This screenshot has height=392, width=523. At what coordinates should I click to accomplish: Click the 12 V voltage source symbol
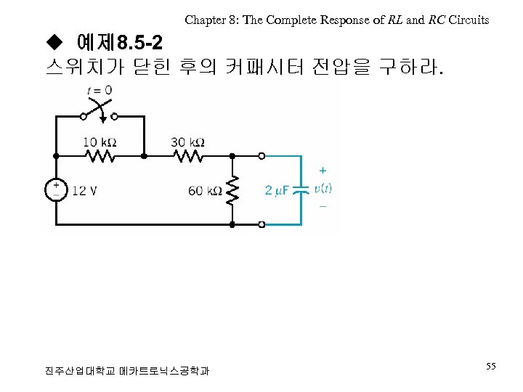pos(56,190)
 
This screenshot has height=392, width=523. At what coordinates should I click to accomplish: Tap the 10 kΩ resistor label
pos(100,142)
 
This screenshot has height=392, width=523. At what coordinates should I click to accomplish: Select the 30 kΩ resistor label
pos(187,142)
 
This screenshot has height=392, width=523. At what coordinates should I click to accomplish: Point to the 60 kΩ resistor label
pos(205,191)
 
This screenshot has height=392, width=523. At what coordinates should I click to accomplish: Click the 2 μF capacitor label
pos(277,190)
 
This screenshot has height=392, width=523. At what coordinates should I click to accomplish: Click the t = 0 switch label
pos(99,90)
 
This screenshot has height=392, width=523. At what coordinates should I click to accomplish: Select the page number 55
pos(491,367)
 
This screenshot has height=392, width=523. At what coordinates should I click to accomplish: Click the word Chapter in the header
pos(203,20)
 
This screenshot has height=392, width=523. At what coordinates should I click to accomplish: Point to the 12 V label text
pos(84,191)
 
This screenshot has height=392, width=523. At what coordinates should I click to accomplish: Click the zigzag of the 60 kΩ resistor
pos(232,190)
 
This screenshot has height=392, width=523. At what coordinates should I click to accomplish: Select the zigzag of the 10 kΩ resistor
pos(100,156)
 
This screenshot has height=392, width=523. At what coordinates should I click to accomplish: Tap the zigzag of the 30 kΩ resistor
pos(188,156)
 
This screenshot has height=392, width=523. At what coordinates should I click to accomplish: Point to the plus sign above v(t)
pos(323,171)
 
